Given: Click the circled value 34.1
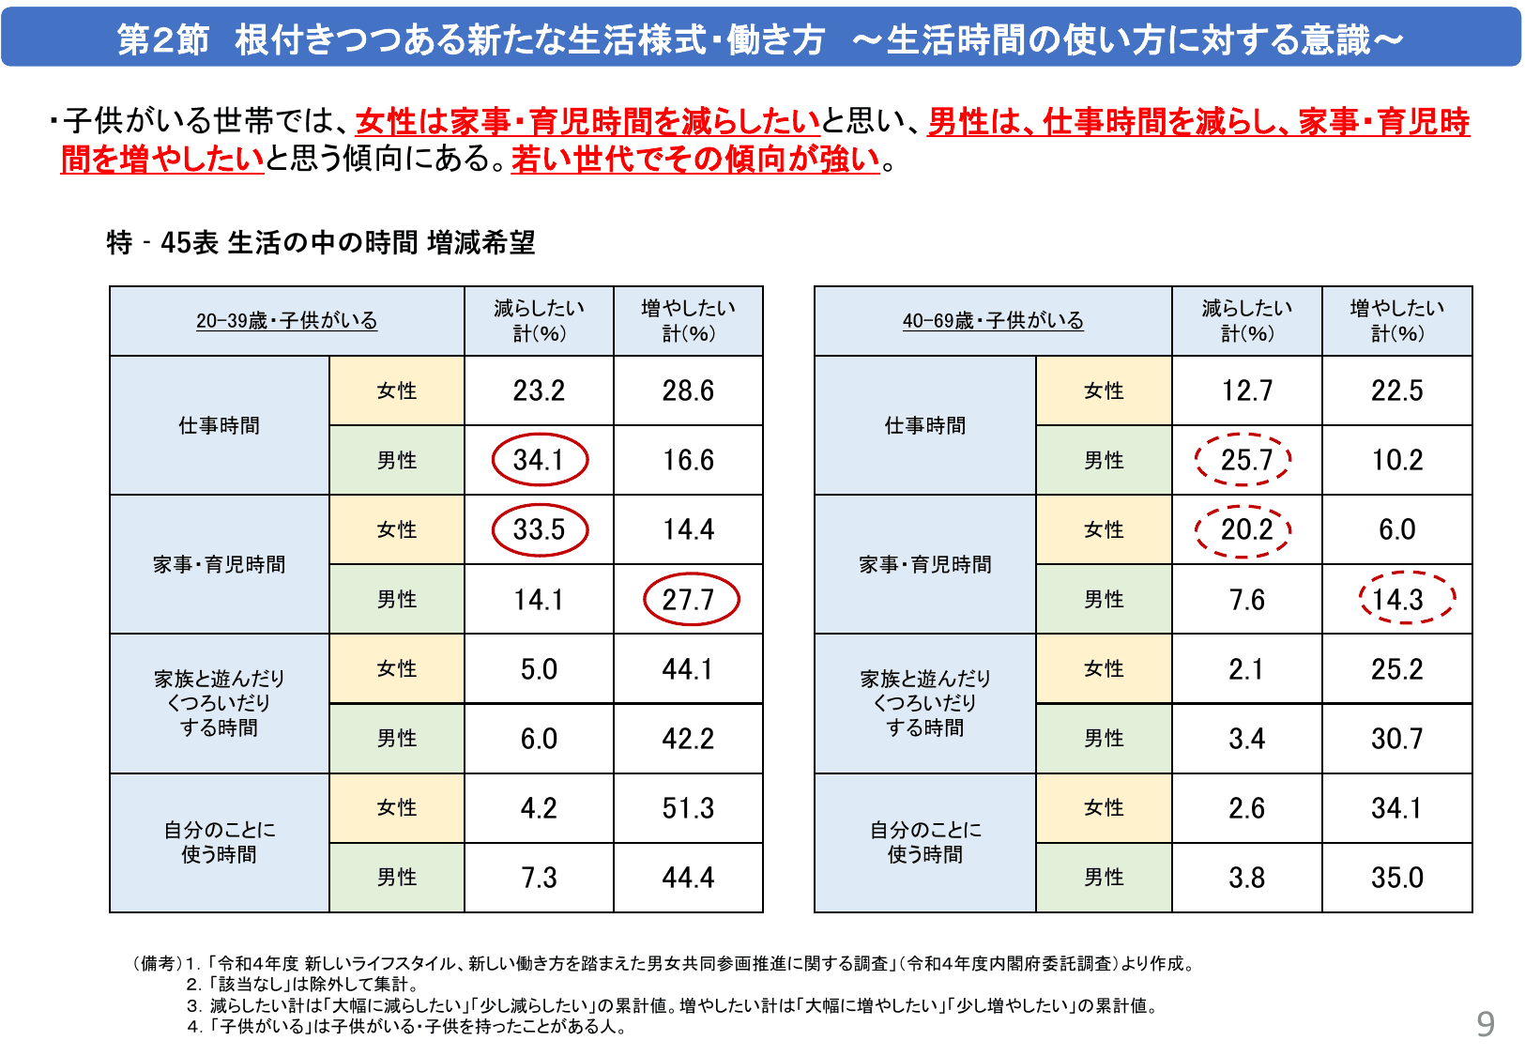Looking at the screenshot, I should click(x=540, y=460).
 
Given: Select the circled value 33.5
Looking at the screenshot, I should click(x=540, y=529).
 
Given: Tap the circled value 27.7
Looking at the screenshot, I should click(x=690, y=599).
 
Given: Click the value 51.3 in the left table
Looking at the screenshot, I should click(x=688, y=808).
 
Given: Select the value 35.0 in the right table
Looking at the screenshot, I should click(x=1396, y=878).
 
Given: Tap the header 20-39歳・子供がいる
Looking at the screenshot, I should click(x=286, y=321).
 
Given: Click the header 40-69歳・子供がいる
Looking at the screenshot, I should click(x=993, y=321).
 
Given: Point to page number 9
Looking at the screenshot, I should click(x=1485, y=1024).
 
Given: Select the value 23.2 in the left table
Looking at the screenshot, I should click(x=539, y=390).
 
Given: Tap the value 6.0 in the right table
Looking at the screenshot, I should click(x=1396, y=529).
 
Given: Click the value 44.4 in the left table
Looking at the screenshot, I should click(x=688, y=878).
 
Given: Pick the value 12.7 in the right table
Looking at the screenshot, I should click(x=1246, y=390).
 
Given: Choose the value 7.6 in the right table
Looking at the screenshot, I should click(x=1246, y=599).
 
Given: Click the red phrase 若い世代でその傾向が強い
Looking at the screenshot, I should click(x=695, y=160).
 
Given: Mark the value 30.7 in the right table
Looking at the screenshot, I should click(x=1396, y=739).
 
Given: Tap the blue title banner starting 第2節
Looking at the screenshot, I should click(x=761, y=39).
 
